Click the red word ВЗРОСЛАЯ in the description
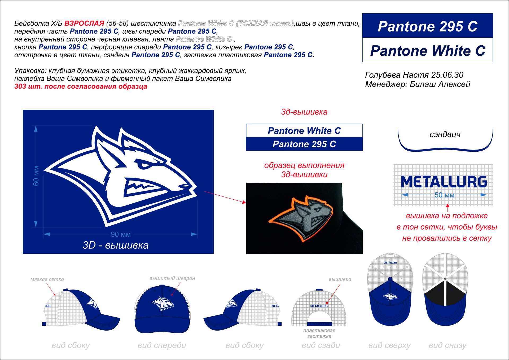[84, 23]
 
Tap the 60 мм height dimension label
[36, 176]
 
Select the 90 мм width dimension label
[121, 234]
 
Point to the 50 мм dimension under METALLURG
[444, 195]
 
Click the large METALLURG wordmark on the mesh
[444, 182]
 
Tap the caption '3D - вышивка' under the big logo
[116, 245]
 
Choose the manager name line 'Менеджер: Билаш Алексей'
[417, 84]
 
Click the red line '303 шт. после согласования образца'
[81, 86]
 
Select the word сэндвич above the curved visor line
[445, 134]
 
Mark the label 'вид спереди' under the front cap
[162, 345]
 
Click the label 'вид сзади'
[321, 345]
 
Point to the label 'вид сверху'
[389, 345]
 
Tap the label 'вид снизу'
[447, 345]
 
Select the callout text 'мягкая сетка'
[47, 279]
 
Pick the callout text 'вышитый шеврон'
[172, 278]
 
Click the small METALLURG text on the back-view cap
[319, 306]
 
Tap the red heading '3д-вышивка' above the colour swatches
[304, 112]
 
